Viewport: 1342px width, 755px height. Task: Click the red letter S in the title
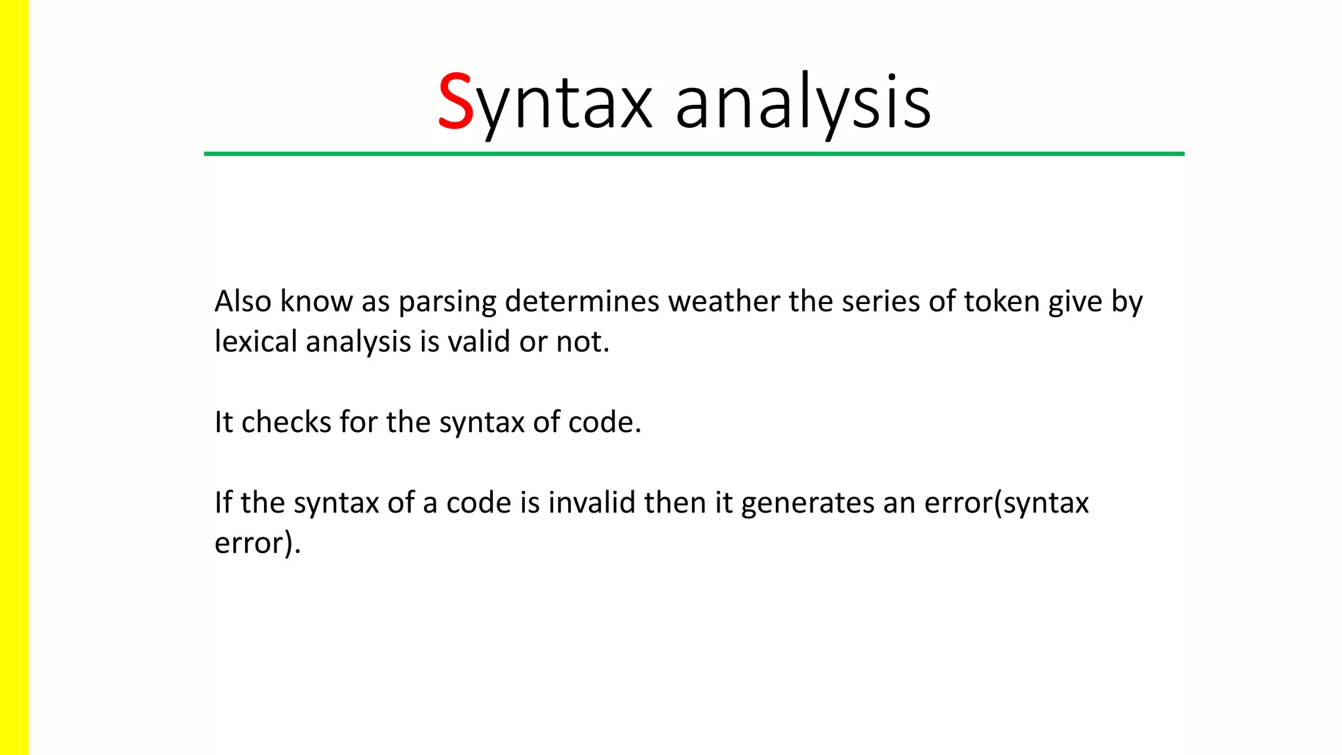tap(455, 102)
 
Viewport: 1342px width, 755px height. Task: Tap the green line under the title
tap(693, 154)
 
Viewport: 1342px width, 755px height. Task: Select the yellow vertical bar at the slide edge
tap(14, 377)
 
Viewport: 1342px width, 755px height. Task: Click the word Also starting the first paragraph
tap(242, 301)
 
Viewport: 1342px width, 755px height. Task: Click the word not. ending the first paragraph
tap(583, 342)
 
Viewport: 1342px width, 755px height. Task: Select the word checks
tap(286, 422)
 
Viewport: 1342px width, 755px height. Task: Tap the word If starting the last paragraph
tap(223, 503)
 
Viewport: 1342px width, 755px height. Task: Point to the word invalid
tap(592, 503)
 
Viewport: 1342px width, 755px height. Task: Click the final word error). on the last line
tap(258, 543)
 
